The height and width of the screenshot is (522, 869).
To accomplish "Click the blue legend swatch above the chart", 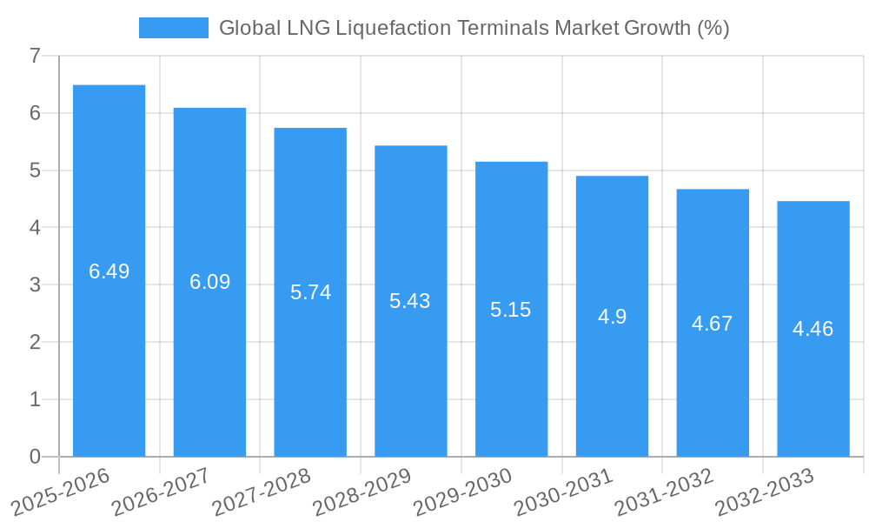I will [x=173, y=28].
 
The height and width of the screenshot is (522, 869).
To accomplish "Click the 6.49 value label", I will [x=109, y=271].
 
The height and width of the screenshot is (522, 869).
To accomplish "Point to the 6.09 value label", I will [x=209, y=282].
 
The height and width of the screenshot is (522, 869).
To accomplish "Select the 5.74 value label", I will [x=310, y=292].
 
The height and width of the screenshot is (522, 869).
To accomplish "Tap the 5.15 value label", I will [x=510, y=310].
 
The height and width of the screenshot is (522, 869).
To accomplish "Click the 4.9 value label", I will [x=612, y=317].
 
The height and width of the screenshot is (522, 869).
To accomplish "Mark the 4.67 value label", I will [x=712, y=324].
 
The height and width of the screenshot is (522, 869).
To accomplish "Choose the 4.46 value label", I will [x=813, y=329].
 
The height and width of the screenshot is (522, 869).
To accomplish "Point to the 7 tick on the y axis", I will [x=35, y=56].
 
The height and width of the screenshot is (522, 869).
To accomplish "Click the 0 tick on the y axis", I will [x=35, y=457].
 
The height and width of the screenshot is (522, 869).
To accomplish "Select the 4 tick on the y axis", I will [x=35, y=228].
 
